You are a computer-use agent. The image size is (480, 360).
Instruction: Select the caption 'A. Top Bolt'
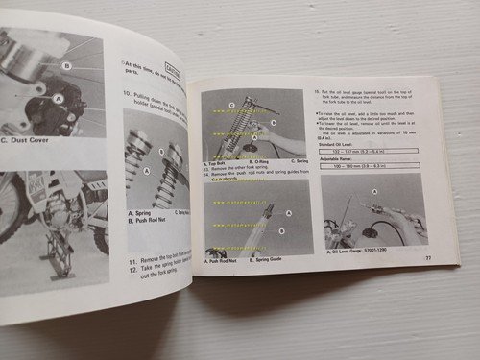pyautogui.click(x=222, y=163)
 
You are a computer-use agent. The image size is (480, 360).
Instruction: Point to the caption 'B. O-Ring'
pyautogui.click(x=256, y=163)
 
